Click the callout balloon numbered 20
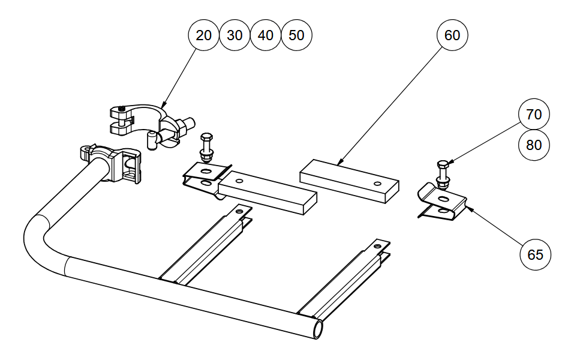(x=204, y=35)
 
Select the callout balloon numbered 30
(x=235, y=35)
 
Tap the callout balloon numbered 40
(x=266, y=35)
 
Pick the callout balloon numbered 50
(x=297, y=35)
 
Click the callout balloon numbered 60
(x=452, y=35)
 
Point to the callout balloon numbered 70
(x=534, y=114)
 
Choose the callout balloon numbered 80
(x=534, y=145)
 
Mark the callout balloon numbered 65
(x=535, y=254)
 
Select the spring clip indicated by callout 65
(x=444, y=204)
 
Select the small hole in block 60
(x=377, y=184)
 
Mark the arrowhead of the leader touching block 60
(x=339, y=163)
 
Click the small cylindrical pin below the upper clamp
(x=152, y=142)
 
